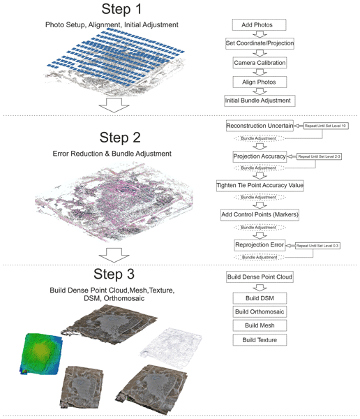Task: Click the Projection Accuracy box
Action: pos(259,156)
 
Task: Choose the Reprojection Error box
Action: pos(260,245)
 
